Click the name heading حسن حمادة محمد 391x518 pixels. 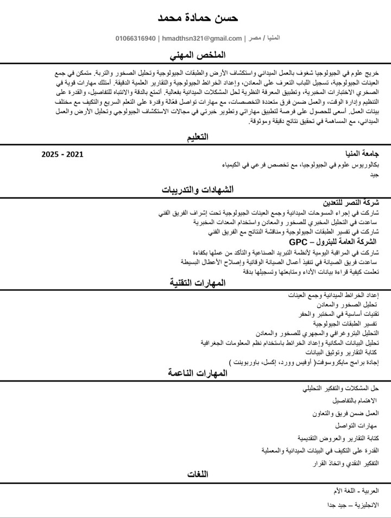click(198, 18)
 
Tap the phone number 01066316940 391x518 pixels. click(135, 39)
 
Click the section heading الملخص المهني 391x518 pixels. click(198, 56)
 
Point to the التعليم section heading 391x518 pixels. click(198, 138)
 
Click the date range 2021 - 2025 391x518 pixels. click(62, 154)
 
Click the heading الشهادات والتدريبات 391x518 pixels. click(198, 190)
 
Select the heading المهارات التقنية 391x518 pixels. click(198, 283)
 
